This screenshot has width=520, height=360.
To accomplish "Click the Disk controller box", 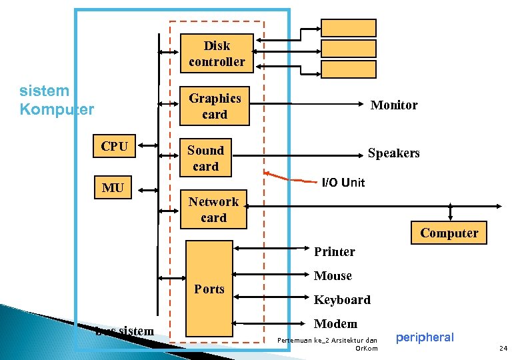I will tap(217, 53).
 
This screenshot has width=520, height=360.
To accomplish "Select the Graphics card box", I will tap(215, 106).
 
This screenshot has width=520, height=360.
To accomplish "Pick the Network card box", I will tap(213, 209).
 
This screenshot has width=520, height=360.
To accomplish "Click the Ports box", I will tap(209, 288).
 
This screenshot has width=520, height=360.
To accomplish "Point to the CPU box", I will tap(115, 146).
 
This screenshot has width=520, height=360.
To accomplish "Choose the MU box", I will tap(113, 188).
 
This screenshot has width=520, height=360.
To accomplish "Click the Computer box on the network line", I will tap(449, 233).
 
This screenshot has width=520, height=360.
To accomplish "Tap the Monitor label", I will tap(394, 105).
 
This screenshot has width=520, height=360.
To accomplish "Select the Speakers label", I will tap(394, 153).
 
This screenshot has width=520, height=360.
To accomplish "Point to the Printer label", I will tap(335, 251).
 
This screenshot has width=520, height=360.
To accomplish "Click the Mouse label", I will tap(333, 275).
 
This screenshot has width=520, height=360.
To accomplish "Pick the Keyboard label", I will tap(342, 299).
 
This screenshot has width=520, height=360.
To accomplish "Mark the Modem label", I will tap(335, 323).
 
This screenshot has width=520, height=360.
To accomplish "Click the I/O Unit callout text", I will tap(343, 182).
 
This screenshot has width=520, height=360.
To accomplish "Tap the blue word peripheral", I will tap(425, 337).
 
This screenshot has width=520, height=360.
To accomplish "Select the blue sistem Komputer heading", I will tap(57, 100).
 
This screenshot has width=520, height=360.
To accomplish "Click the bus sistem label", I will tap(125, 331).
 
